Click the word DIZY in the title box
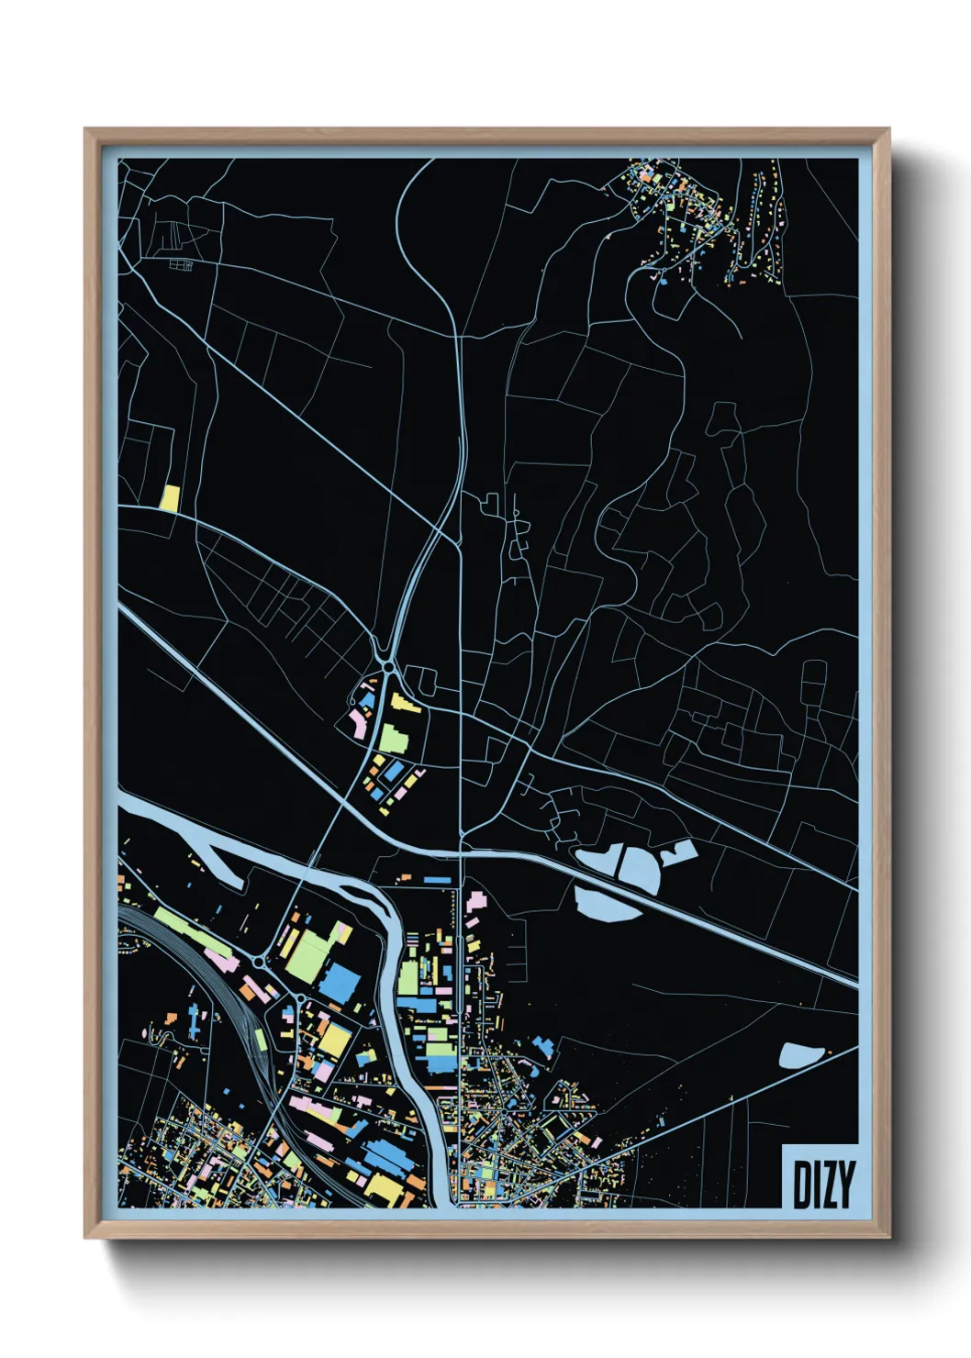823,1185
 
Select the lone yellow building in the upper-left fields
170,497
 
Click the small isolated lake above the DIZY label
801,1055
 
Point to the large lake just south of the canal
608,901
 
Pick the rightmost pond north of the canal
679,853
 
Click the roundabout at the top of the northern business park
389,667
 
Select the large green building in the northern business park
393,737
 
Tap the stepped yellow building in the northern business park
405,703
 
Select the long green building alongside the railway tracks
184,927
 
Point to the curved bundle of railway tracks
243,1028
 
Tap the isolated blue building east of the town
542,1047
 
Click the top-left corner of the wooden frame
85,130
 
